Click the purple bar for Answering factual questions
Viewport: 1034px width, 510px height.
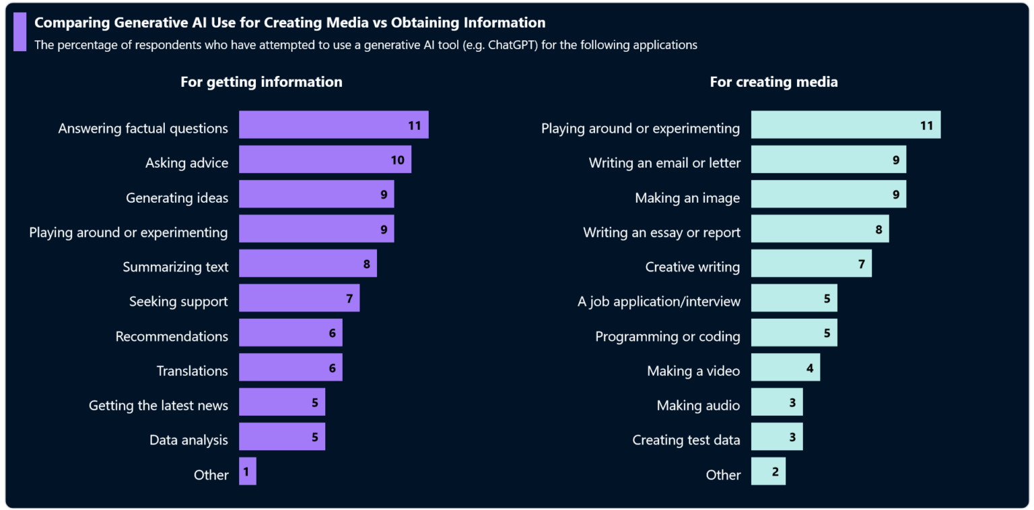[x=333, y=125]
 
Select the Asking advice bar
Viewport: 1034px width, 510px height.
[x=324, y=160]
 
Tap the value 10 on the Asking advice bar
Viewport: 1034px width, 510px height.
[x=397, y=160]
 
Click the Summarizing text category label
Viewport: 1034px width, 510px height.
[x=175, y=267]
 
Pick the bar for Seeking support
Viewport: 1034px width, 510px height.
[x=299, y=298]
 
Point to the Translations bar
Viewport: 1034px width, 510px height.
[x=290, y=367]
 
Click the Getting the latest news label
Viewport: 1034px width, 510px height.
[x=158, y=406]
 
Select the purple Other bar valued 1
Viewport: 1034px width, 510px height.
[x=247, y=471]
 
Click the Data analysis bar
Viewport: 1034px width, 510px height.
[x=281, y=437]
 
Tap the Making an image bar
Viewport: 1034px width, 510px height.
[x=828, y=194]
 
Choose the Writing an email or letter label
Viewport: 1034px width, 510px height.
[x=664, y=163]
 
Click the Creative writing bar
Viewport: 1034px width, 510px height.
[x=811, y=263]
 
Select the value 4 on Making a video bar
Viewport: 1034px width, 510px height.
[x=810, y=369]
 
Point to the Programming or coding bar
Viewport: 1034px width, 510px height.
[x=794, y=333]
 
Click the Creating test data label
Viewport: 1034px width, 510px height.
[x=686, y=441]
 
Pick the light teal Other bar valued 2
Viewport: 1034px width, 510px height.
[x=767, y=471]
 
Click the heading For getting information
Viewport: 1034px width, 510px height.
[x=261, y=82]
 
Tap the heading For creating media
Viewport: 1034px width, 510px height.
[x=773, y=82]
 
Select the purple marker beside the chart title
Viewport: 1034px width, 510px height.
[x=20, y=32]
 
